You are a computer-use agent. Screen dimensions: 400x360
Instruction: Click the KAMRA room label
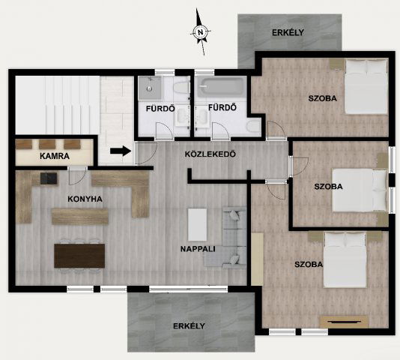point(55,156)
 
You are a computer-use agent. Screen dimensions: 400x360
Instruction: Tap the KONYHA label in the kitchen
point(85,199)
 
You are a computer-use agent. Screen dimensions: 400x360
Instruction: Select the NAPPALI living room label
point(198,249)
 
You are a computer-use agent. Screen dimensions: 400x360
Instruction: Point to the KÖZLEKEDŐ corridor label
point(210,154)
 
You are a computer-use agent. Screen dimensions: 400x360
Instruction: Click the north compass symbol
point(201,32)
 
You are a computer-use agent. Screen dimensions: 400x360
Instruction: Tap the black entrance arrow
point(121,151)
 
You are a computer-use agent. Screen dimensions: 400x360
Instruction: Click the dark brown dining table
point(79,256)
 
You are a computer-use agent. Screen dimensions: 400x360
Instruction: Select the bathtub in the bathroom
point(221,88)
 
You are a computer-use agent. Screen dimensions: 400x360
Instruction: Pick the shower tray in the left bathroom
point(150,88)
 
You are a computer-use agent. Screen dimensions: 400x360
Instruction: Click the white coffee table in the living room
point(197,224)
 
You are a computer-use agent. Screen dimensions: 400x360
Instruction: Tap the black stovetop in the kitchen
point(49,178)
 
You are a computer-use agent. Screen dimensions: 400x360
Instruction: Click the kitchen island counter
point(80,217)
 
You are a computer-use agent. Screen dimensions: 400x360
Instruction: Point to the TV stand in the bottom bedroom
point(344,322)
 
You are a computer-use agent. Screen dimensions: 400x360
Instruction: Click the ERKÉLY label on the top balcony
point(288,33)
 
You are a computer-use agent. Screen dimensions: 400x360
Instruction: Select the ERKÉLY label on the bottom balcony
point(189,326)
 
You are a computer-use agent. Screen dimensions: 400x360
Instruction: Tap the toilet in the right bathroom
point(254,126)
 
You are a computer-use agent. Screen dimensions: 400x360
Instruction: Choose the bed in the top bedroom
point(366,86)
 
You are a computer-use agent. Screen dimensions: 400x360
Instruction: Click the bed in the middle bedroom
point(360,190)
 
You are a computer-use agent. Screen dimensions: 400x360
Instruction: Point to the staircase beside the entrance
point(58,105)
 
